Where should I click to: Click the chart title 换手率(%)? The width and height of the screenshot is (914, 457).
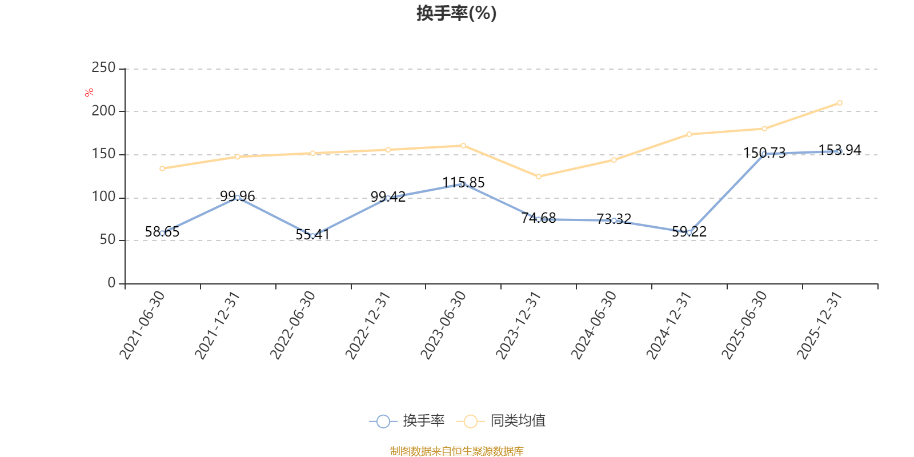pos(456,13)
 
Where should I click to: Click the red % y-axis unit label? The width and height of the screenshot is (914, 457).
pos(89,93)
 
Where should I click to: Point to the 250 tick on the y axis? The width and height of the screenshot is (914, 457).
pos(103,68)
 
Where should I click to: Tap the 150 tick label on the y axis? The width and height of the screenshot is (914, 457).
pos(103,154)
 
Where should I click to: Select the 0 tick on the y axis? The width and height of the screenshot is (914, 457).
pos(111,283)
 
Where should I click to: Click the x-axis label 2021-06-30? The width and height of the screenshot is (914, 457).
pos(142,326)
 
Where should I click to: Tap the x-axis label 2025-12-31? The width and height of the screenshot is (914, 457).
pos(820,326)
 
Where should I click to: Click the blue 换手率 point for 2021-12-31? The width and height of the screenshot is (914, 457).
pos(238,198)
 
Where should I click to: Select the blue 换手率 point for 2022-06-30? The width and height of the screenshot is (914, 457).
pos(312,236)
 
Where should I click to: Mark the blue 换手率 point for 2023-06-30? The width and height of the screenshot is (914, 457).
pos(463,184)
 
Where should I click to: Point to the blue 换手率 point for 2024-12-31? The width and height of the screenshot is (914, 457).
pos(689,232)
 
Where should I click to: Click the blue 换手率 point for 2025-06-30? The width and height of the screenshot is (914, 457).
pos(764,154)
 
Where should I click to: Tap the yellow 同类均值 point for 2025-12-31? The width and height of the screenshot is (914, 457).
pos(839,103)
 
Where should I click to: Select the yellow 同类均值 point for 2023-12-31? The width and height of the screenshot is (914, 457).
pos(538,177)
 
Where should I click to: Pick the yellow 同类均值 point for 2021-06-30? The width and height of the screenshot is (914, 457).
pos(162,169)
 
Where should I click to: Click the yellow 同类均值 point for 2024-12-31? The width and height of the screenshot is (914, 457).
pos(689,134)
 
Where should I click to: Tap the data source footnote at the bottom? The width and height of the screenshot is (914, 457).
pos(456,451)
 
